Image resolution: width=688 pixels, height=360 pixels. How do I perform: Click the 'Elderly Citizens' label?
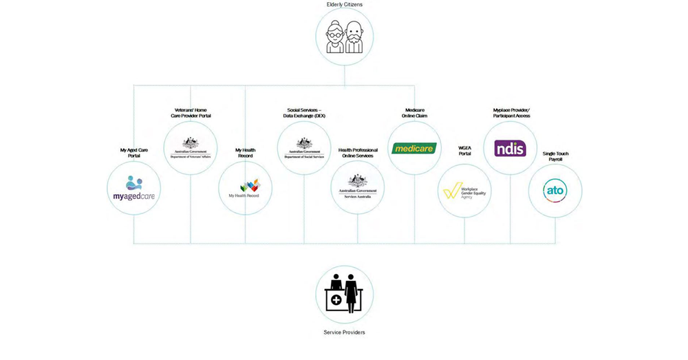(x=344, y=5)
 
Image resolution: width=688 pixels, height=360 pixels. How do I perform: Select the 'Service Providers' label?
(x=344, y=332)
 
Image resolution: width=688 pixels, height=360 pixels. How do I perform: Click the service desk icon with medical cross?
(x=344, y=294)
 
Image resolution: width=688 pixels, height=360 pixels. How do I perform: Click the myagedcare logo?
(x=135, y=189)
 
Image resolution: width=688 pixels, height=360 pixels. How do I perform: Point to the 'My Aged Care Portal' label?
(x=135, y=153)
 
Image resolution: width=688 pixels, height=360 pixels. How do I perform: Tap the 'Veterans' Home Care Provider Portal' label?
(x=191, y=113)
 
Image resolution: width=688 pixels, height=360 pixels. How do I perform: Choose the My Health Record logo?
(x=246, y=188)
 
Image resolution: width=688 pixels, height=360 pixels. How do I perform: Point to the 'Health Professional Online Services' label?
(x=357, y=153)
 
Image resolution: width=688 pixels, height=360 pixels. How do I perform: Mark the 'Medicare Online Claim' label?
(x=415, y=113)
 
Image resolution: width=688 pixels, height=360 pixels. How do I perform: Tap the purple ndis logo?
(x=510, y=148)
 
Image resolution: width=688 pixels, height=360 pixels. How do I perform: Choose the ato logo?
(x=555, y=191)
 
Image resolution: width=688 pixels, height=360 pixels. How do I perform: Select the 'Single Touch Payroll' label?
(x=555, y=157)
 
